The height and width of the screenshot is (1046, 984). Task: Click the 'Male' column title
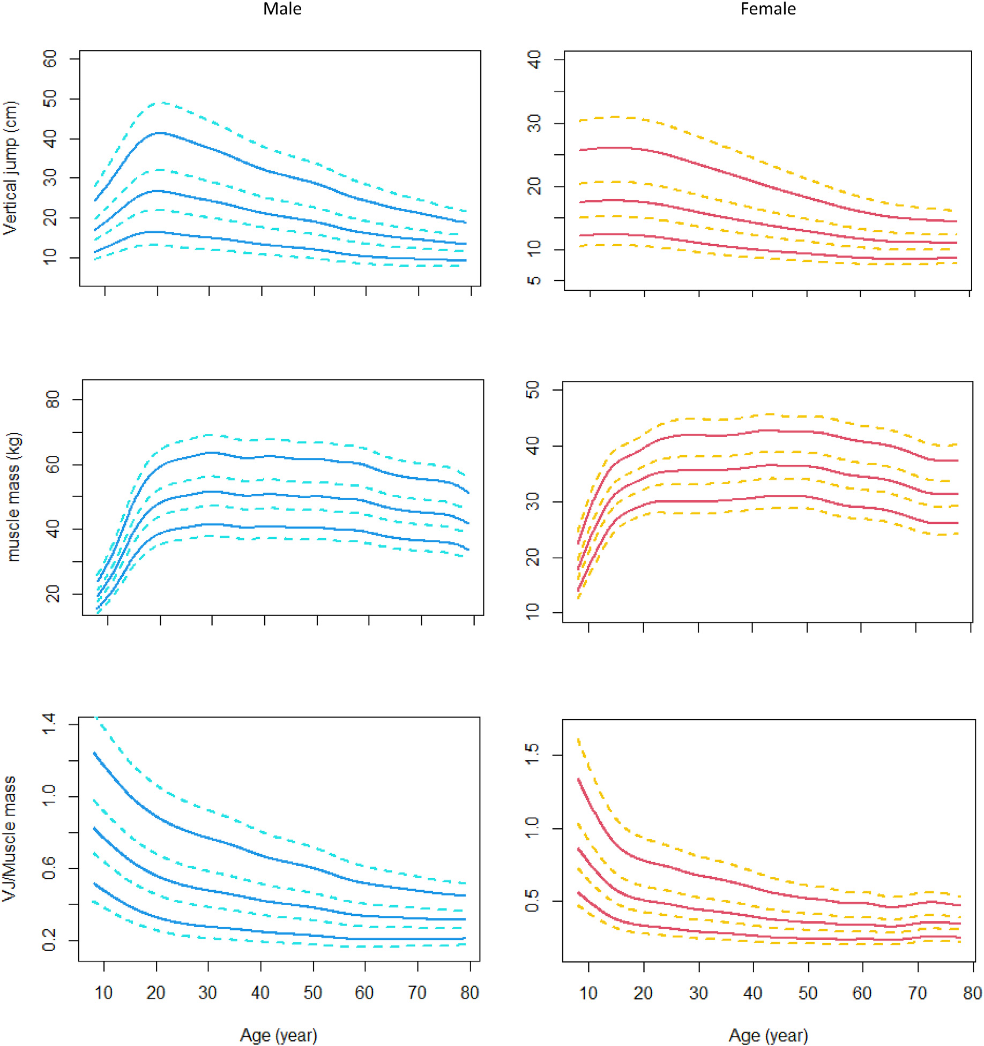[282, 9]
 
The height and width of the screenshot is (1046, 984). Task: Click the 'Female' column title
[767, 9]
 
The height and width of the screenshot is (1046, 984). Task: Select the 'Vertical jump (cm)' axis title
[11, 168]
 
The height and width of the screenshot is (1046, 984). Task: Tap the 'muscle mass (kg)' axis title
[13, 496]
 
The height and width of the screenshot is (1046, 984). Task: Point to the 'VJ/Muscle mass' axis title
[10, 839]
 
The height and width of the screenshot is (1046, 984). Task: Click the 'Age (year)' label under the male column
[278, 1035]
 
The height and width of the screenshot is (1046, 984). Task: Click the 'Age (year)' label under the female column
[767, 1035]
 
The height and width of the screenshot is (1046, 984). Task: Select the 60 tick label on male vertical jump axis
[50, 59]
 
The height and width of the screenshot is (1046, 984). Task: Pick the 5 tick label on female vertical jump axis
[534, 281]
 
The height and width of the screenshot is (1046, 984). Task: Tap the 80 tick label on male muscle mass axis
[53, 400]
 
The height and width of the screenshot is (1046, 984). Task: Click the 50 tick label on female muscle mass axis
[533, 390]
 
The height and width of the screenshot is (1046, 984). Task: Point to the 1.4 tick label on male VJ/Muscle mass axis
[49, 724]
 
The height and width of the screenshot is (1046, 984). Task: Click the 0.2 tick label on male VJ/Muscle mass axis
[49, 940]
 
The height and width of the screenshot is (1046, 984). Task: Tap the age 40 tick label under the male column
[260, 992]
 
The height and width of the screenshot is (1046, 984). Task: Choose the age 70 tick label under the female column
[917, 993]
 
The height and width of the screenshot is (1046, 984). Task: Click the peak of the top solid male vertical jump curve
[159, 133]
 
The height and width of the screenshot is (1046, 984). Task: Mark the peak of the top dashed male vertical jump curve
[162, 102]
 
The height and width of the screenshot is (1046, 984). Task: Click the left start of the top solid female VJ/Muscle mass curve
[579, 780]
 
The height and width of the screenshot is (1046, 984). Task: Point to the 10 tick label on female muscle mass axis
[533, 612]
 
